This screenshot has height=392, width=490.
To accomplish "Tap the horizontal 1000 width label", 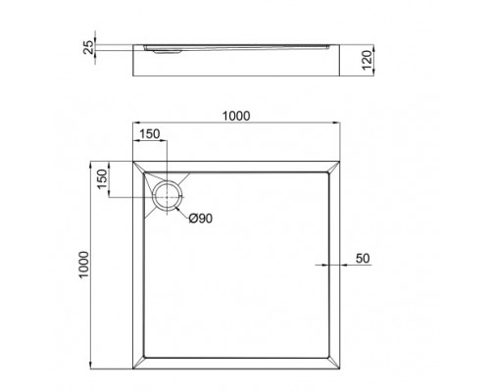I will (x=236, y=115).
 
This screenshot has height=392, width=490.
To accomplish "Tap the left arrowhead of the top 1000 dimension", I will (x=134, y=124).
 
